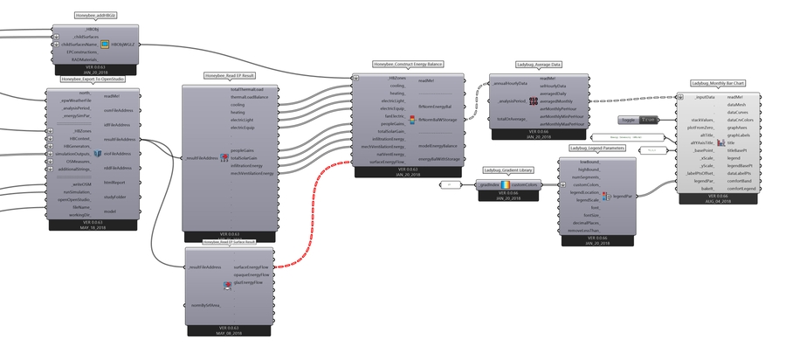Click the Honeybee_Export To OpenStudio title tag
[x=86, y=78]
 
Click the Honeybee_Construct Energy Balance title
[x=408, y=64]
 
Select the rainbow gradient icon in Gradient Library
[x=505, y=185]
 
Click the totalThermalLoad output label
[x=252, y=90]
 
